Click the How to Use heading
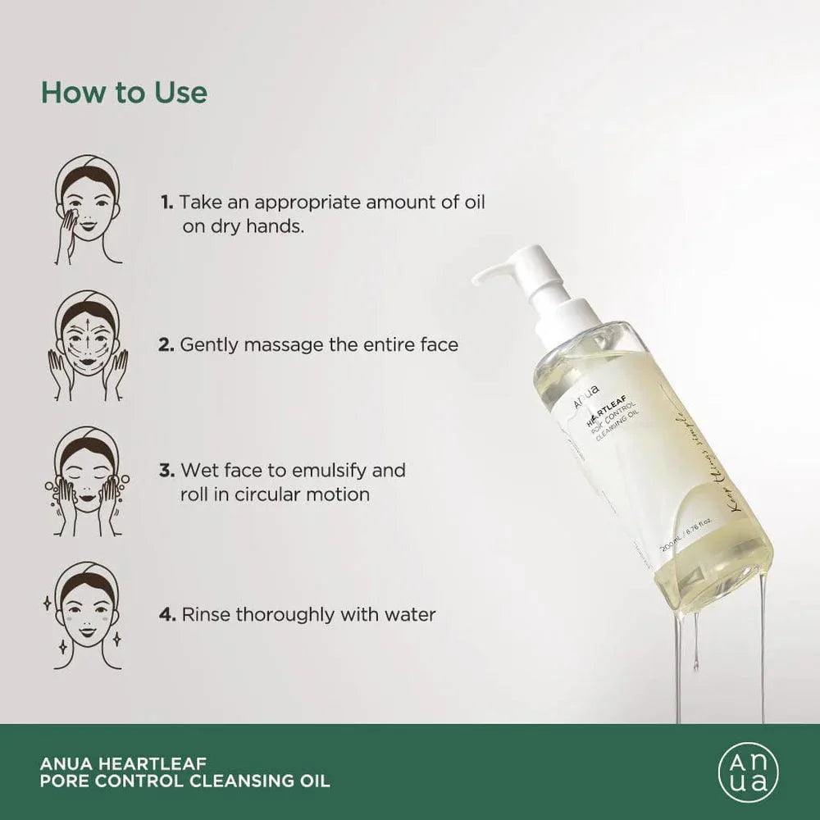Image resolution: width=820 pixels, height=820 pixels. point(124,93)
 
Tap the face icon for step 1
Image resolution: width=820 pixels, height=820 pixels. point(88,210)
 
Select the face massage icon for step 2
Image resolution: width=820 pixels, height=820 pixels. point(88,345)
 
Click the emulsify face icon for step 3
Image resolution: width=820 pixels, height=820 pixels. point(88,481)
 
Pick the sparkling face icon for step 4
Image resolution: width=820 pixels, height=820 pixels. point(88,616)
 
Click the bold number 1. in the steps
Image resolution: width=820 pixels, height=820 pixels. point(167,202)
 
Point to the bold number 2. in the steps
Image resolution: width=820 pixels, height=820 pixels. point(167,344)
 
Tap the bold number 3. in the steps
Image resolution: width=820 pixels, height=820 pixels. point(167,471)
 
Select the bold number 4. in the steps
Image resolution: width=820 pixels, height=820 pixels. point(168,614)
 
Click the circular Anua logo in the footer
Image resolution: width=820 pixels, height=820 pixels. point(748,772)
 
